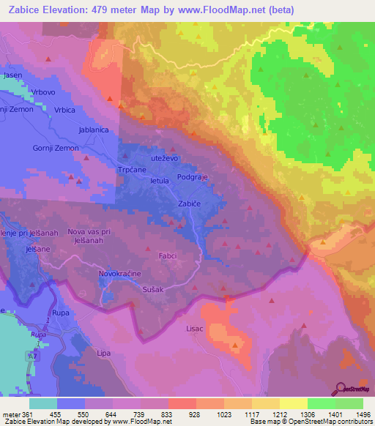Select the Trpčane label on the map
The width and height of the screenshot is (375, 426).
[134, 168]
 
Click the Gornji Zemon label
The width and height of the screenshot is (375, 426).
[76, 148]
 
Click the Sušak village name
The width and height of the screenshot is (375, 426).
[153, 290]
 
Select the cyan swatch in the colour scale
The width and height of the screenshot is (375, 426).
[43, 403]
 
